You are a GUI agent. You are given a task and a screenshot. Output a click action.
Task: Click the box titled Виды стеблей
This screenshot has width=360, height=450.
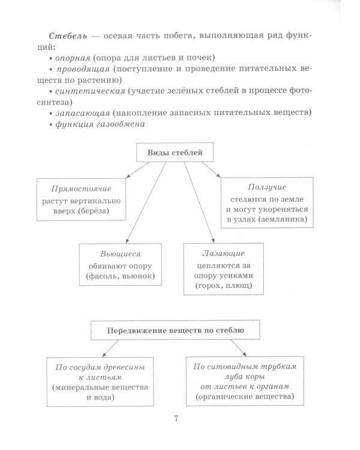[175, 153]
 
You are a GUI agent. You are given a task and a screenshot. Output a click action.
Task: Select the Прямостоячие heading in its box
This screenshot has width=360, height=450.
[81, 190]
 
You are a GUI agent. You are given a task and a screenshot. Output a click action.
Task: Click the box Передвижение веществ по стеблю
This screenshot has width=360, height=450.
[176, 330]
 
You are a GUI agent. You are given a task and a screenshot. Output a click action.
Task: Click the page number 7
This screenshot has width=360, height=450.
[177, 418]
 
